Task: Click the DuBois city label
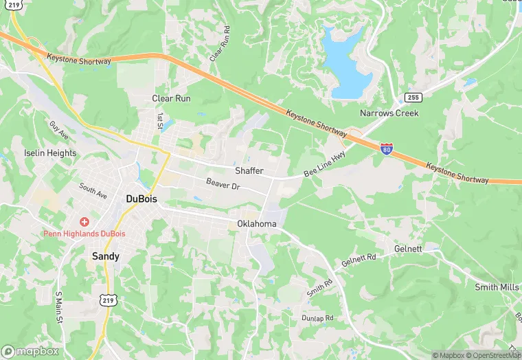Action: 141,199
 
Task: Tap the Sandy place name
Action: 106,256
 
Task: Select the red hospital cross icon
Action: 84,222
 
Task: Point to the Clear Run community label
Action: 171,98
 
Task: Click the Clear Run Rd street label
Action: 219,45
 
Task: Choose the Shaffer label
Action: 249,170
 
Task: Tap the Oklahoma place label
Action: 257,224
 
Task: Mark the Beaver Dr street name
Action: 223,184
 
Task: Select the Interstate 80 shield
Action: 387,148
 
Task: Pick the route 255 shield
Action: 412,97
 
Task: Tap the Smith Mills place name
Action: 496,286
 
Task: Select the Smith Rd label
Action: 319,286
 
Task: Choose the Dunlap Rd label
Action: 317,318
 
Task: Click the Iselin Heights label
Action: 49,153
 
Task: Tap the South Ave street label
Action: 93,190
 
